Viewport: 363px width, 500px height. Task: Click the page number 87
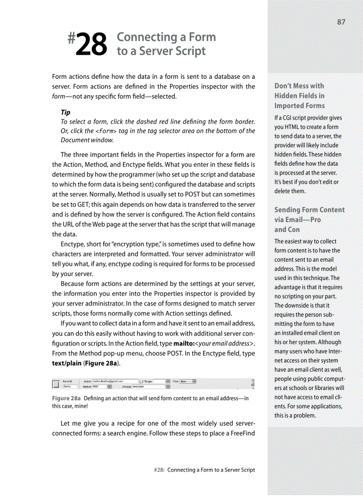tap(341, 22)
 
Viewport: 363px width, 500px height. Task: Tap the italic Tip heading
tap(65, 112)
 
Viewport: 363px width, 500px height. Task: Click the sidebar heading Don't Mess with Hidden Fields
tap(299, 95)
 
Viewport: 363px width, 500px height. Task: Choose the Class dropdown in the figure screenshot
tap(187, 382)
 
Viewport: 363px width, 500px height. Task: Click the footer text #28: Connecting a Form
tap(204, 470)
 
